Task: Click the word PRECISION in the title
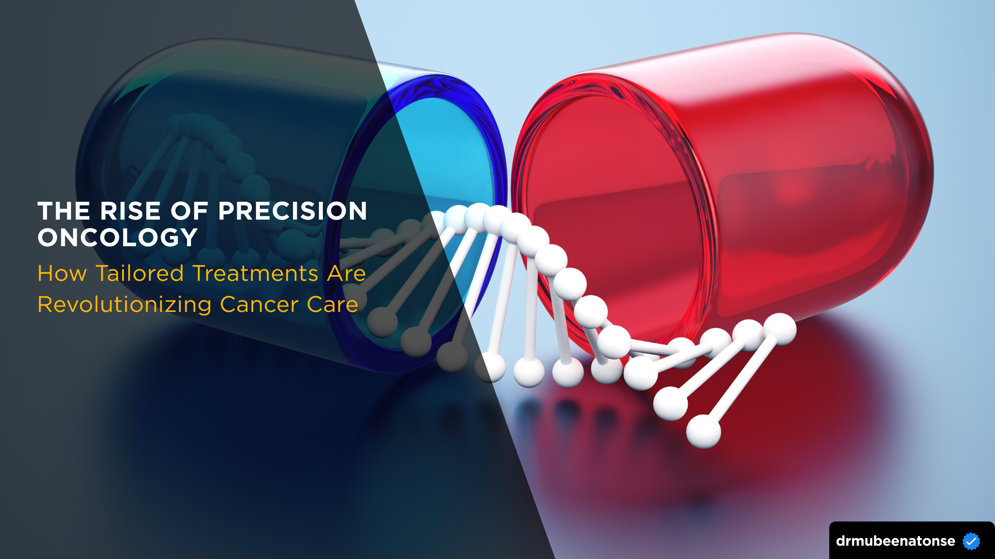293,211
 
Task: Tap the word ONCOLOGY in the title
118,237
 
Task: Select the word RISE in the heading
130,211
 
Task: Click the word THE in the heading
64,211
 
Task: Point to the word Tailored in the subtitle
140,273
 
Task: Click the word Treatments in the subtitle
256,273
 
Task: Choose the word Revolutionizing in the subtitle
125,305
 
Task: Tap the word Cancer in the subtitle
259,305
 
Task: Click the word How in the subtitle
62,273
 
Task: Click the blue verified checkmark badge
971,541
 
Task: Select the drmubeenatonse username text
895,541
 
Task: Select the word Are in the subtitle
346,273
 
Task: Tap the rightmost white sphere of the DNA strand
780,329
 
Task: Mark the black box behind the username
912,540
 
